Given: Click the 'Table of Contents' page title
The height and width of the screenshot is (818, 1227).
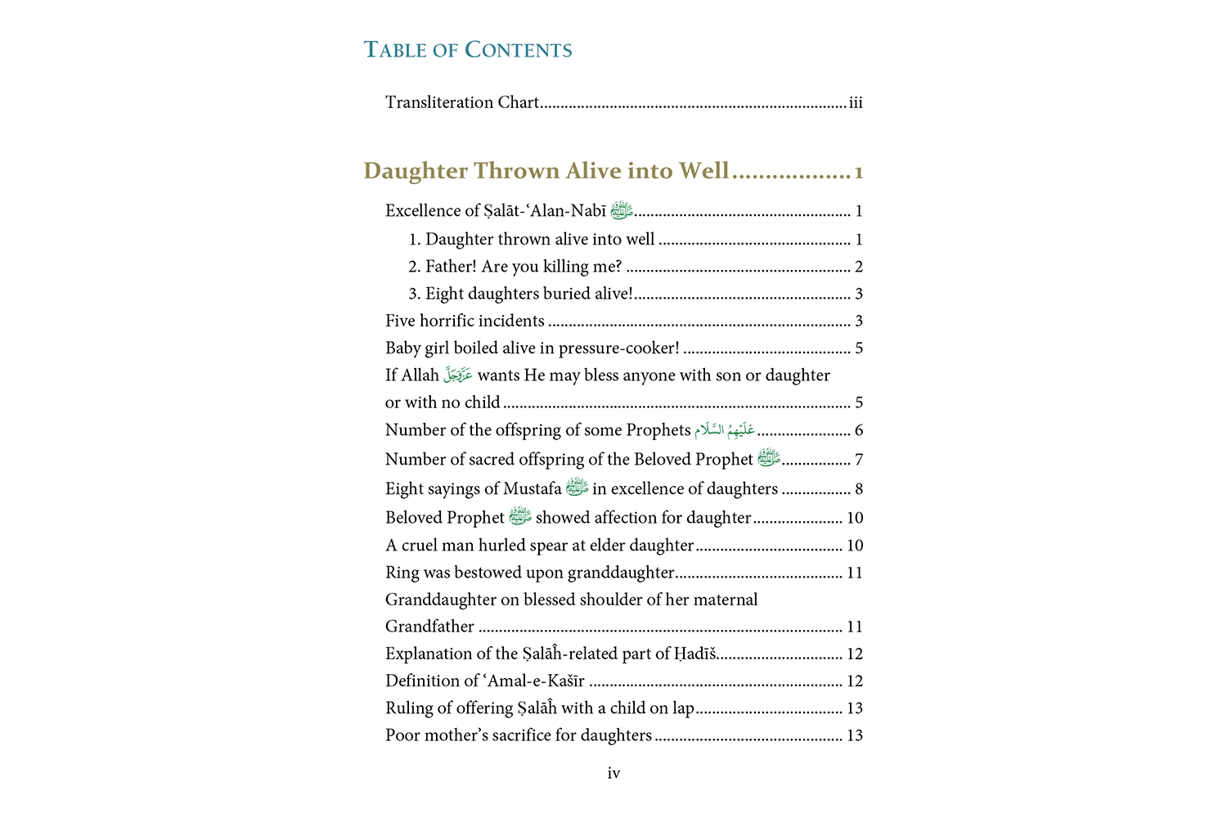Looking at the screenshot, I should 468,50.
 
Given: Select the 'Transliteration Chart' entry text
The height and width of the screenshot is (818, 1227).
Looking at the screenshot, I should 462,103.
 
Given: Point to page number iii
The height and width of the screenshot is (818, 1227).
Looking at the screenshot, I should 856,103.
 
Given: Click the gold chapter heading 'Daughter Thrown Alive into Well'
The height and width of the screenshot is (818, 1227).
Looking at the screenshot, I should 546,171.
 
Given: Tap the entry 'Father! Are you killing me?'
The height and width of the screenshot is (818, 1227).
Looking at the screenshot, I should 524,267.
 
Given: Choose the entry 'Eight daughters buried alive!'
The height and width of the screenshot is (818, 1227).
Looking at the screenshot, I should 528,294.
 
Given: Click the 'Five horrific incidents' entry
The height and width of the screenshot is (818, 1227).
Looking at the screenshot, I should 465,321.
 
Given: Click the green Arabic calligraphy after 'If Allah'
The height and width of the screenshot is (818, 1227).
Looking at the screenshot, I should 458,375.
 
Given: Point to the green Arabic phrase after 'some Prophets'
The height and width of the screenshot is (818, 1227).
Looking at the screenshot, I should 725,430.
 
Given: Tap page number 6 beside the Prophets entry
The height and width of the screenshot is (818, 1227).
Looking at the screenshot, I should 859,430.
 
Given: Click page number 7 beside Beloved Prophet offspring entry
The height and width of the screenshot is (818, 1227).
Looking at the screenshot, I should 859,460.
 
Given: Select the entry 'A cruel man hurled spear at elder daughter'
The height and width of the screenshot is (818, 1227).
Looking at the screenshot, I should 540,546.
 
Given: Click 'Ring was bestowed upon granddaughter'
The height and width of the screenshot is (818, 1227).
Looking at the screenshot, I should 530,573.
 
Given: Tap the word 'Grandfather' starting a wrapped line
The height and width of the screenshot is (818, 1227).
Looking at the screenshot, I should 429,627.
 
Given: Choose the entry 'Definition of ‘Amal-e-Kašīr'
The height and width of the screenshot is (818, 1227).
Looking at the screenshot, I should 485,681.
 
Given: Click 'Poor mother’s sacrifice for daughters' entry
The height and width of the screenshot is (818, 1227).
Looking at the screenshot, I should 519,735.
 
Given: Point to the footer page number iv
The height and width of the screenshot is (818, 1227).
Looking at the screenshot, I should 613,773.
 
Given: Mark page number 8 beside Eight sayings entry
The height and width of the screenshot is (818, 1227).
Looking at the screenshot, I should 859,489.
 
